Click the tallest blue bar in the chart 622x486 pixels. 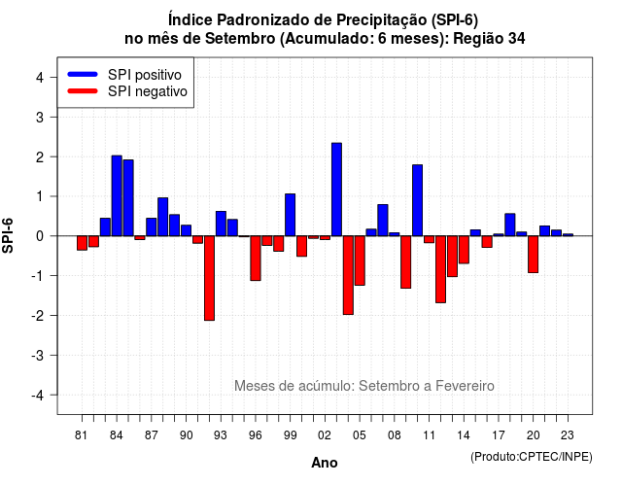[336, 190]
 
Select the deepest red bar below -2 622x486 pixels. [209, 278]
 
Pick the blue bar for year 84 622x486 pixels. [117, 195]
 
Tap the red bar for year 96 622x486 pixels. [256, 259]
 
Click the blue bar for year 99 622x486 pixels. [290, 215]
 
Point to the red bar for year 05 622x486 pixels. [360, 260]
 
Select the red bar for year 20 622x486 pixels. [534, 255]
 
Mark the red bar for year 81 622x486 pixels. [82, 243]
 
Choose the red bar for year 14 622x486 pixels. [464, 250]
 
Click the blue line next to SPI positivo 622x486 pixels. [83, 74]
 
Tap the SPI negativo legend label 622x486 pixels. [147, 91]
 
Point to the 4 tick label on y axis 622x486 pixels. [40, 78]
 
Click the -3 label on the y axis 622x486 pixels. [38, 356]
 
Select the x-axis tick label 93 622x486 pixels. [221, 435]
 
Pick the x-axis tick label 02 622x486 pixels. [324, 435]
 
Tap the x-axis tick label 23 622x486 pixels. [568, 435]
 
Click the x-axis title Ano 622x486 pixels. [324, 463]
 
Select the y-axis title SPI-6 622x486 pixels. [8, 235]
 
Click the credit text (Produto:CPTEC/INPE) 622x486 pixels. [532, 457]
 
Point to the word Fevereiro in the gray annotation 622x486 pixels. [465, 386]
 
